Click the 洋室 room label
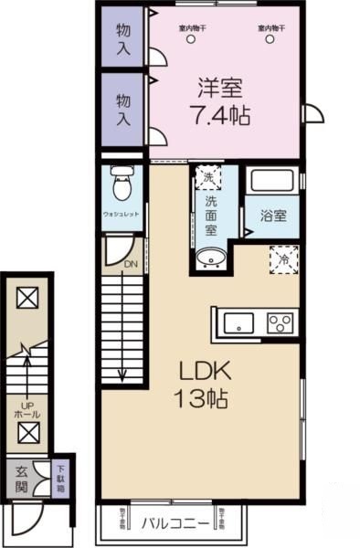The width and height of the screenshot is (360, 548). tap(220, 90)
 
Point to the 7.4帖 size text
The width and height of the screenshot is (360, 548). tap(219, 116)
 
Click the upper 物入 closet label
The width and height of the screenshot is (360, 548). tap(122, 37)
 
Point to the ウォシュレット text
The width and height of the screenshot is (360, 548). tap(121, 216)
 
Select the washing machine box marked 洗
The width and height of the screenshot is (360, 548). tap(209, 177)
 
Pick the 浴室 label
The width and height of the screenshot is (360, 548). tap(272, 216)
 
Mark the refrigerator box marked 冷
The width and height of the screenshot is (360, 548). tap(283, 258)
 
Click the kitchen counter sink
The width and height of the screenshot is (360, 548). tap(240, 323)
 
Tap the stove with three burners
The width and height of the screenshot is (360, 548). tap(281, 323)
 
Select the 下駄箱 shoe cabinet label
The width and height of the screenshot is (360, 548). tap(58, 476)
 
